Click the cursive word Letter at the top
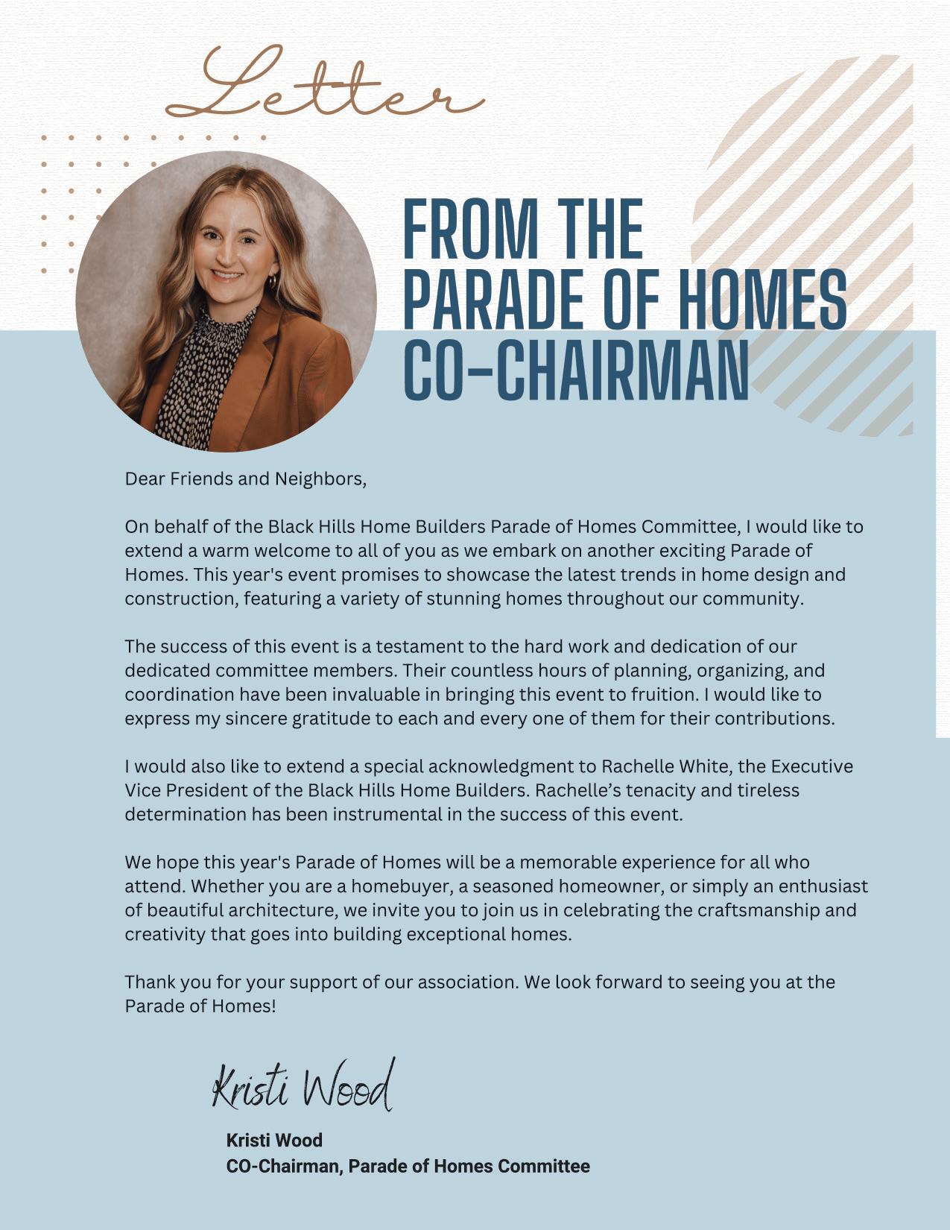(x=324, y=86)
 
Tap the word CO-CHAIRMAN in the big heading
(x=575, y=370)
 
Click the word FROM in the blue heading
(x=470, y=229)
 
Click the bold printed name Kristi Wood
(x=274, y=1140)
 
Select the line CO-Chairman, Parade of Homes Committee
(x=408, y=1166)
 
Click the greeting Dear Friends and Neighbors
(x=245, y=479)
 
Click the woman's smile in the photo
(x=227, y=276)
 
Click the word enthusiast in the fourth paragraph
(x=823, y=886)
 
